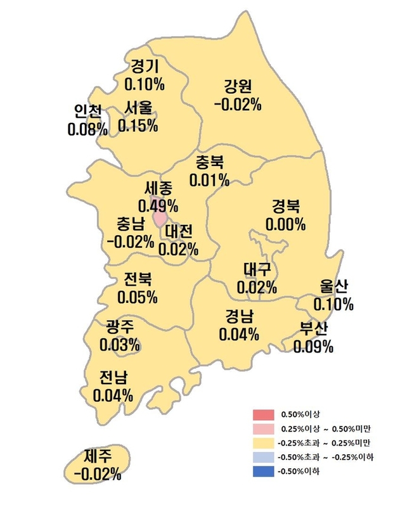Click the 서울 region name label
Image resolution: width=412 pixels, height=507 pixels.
point(138,108)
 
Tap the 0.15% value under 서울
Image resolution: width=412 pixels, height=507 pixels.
point(138,125)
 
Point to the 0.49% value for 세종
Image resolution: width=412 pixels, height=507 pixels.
point(158,205)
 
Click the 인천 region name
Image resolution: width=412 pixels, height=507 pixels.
point(87,112)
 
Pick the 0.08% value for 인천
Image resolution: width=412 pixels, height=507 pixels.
point(87,129)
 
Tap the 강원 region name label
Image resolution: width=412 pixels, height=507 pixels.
point(238,86)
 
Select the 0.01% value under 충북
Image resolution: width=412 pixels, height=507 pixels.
point(210,181)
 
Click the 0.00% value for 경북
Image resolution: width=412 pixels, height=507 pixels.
point(286,224)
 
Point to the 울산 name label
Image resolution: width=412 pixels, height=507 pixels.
point(333,286)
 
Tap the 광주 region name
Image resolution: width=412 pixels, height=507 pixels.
point(120,328)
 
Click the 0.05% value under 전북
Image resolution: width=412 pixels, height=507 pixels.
point(138,297)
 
